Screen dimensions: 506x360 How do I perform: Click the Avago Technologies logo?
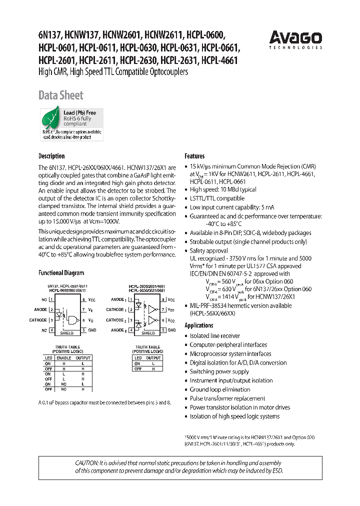(295, 39)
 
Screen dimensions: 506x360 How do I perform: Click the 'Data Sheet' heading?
(60, 95)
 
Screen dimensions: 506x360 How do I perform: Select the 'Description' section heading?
(51, 156)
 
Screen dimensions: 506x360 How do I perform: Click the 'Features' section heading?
(194, 156)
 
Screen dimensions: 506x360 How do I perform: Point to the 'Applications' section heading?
(199, 325)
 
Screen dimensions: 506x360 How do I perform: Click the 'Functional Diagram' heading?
(61, 273)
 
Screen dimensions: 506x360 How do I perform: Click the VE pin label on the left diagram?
(91, 310)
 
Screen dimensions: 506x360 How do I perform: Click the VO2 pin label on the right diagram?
(171, 320)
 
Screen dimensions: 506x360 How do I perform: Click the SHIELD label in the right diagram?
(148, 332)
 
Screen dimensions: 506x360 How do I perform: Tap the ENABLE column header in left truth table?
(63, 358)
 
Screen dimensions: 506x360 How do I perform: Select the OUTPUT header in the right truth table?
(153, 358)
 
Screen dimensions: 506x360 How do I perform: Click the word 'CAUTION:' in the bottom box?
(88, 463)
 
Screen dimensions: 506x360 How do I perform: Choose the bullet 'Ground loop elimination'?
(220, 389)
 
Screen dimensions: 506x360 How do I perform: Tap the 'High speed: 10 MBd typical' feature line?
(223, 189)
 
